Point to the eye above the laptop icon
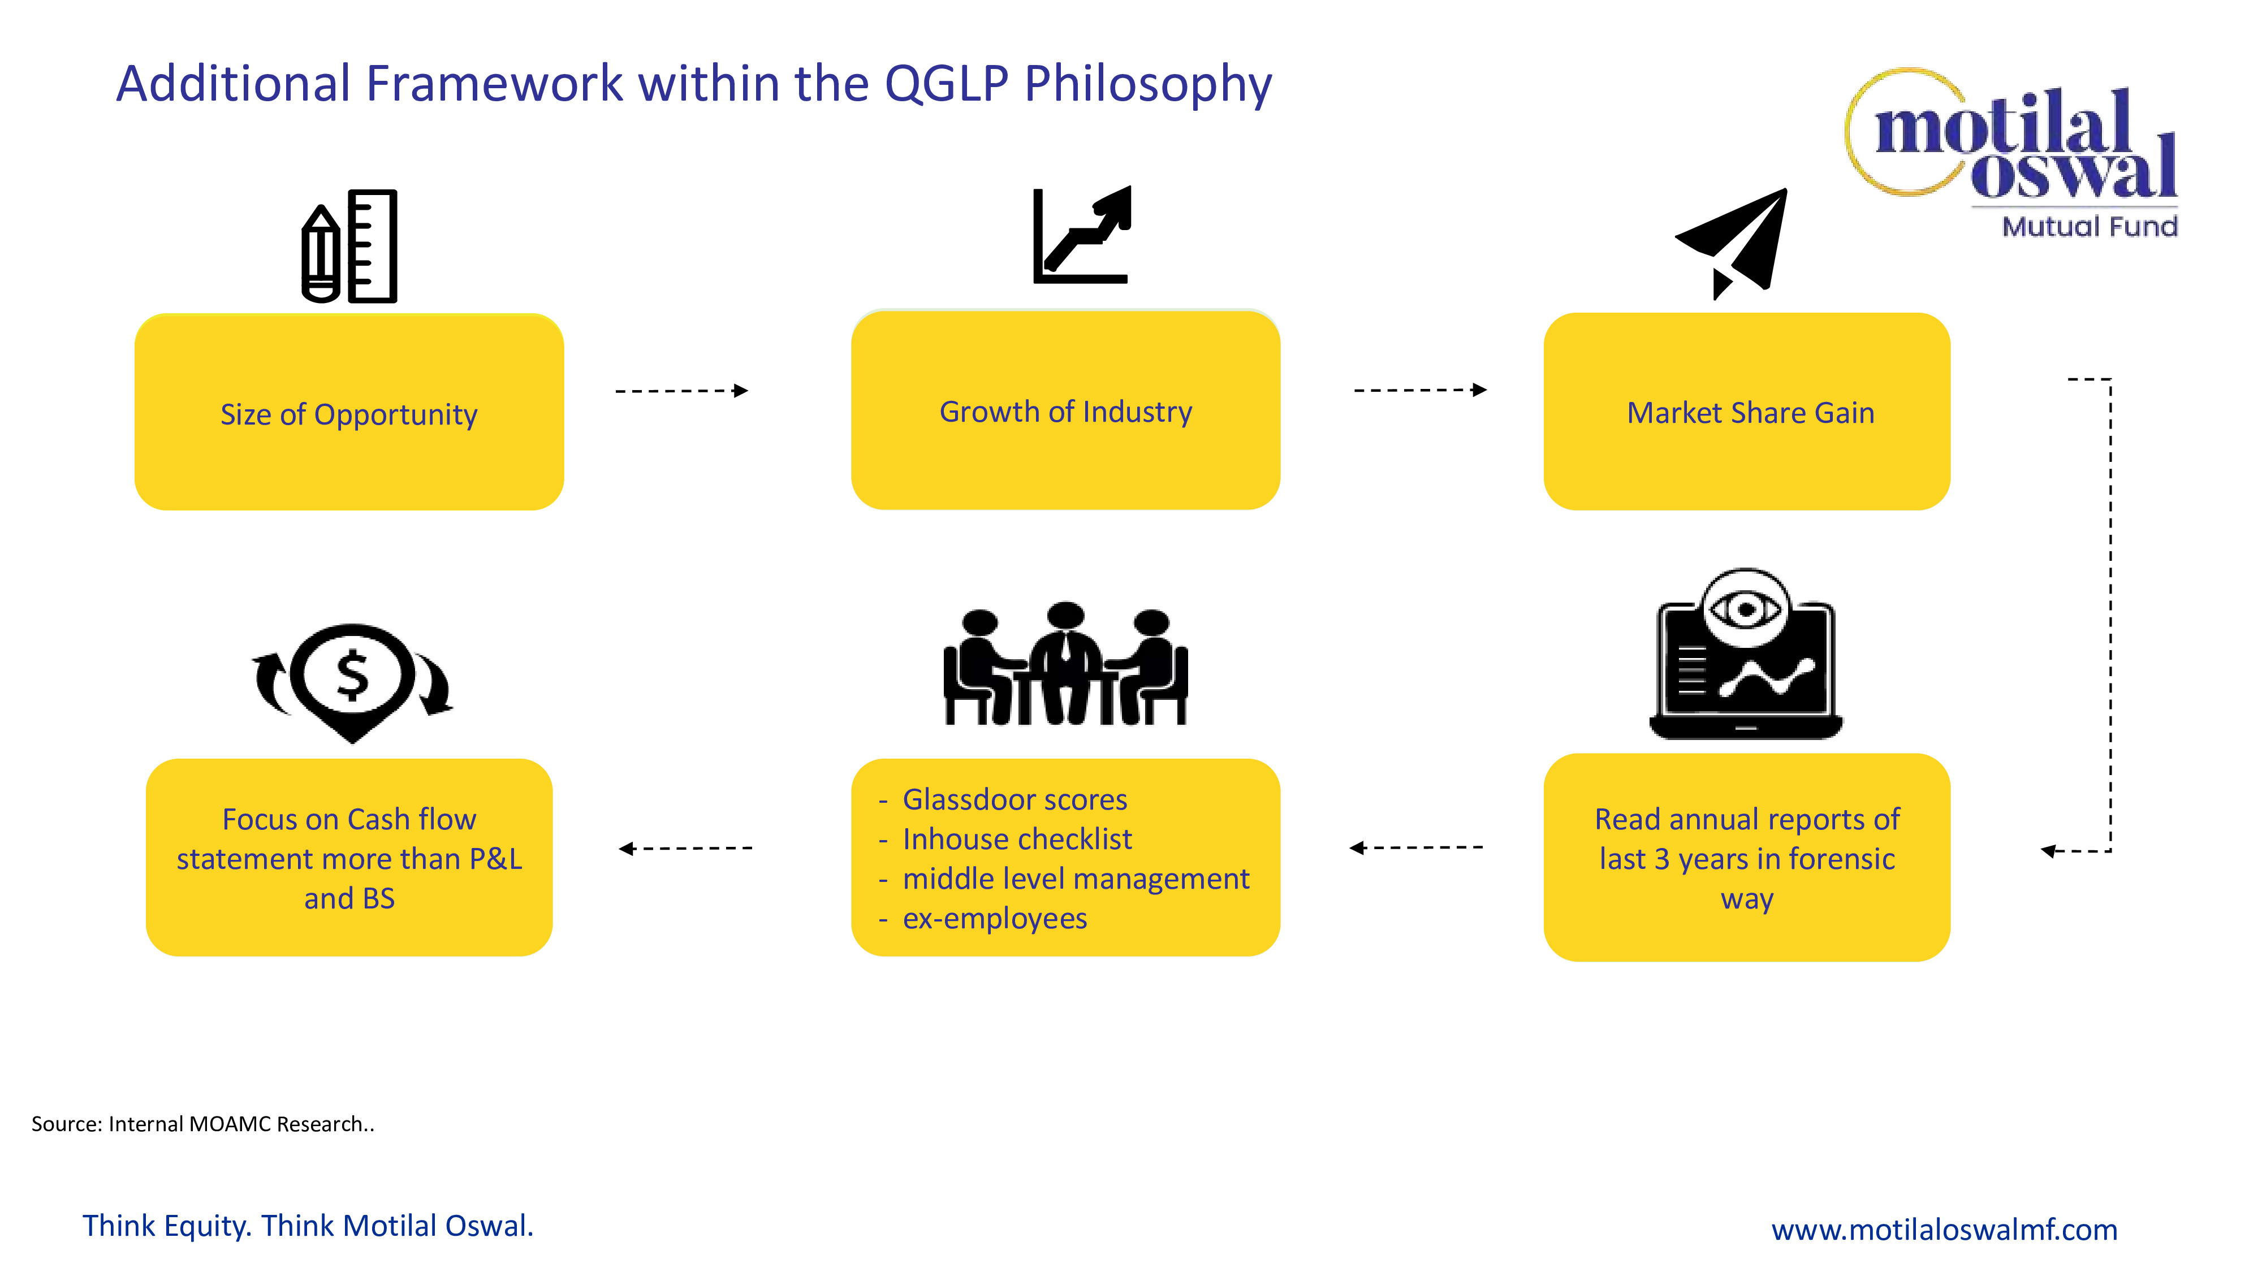[x=1746, y=608]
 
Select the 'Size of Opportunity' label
[x=348, y=414]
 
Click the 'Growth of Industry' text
[x=1065, y=412]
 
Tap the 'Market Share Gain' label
[x=1750, y=413]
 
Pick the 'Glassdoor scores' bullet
[x=1014, y=800]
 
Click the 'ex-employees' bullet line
[x=994, y=918]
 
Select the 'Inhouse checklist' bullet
[x=1017, y=839]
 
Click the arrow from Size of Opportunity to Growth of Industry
[x=681, y=391]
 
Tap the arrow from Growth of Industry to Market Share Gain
[x=1420, y=390]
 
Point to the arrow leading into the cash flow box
[x=685, y=848]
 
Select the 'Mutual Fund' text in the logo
[x=2089, y=227]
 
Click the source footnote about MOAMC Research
[x=203, y=1124]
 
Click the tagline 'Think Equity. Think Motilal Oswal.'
[x=307, y=1226]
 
